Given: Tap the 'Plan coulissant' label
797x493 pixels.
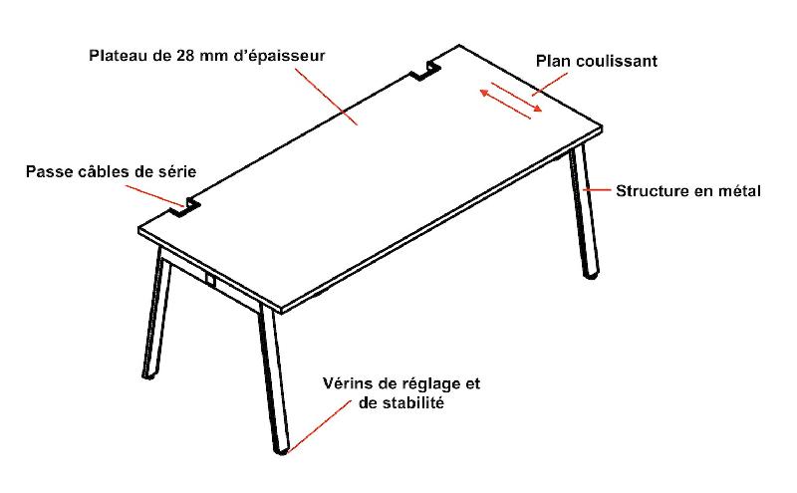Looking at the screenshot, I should (596, 61).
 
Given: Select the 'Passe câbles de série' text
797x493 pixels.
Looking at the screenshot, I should (111, 172).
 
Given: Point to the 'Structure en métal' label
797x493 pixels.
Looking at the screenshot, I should (687, 190).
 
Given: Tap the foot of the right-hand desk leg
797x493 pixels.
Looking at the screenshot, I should (592, 276).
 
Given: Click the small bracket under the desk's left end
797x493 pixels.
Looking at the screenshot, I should (210, 281).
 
